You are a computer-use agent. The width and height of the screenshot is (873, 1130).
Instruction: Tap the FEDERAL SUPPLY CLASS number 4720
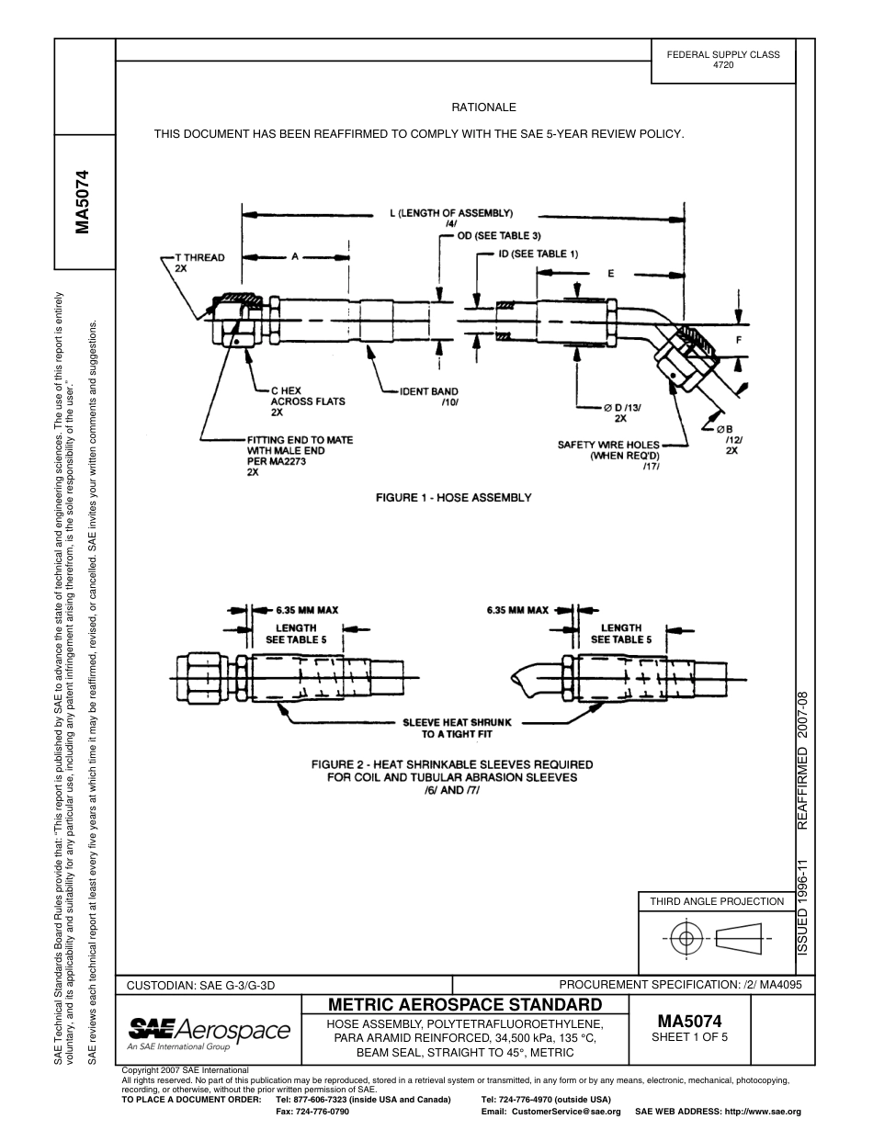pos(723,66)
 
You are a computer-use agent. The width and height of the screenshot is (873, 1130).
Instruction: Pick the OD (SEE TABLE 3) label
pos(499,236)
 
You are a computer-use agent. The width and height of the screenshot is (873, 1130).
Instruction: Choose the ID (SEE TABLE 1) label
pos(539,254)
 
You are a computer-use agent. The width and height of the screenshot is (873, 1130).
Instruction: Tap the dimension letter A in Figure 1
pos(295,258)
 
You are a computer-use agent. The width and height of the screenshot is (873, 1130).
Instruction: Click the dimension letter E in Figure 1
pos(611,274)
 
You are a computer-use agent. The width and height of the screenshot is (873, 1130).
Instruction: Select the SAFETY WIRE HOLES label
pos(609,450)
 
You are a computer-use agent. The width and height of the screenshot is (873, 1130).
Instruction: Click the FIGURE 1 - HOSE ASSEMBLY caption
pos(454,498)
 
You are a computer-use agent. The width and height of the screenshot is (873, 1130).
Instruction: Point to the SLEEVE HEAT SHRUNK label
pos(454,728)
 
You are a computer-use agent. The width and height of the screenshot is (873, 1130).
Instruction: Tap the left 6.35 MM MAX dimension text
pos(307,609)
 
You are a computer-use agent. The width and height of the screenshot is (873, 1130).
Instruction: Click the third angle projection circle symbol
pos(684,938)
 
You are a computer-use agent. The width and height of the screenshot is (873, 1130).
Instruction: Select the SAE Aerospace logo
pos(209,1031)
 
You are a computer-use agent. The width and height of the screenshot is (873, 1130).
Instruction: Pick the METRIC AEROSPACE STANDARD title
pos(464,1004)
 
